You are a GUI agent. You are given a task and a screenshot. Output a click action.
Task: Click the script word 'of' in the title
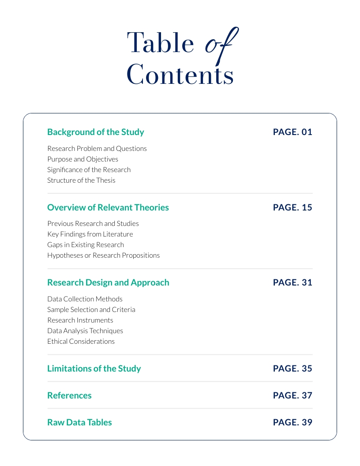221,44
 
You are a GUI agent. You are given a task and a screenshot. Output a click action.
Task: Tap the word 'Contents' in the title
180,74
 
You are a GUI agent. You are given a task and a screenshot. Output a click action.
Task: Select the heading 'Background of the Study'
96,132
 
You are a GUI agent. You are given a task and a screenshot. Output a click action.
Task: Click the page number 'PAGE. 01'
292,132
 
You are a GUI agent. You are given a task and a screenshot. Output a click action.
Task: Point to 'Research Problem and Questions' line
97,149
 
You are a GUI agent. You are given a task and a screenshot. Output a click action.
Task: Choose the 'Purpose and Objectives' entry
82,159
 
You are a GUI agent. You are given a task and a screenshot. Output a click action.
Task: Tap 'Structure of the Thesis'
81,180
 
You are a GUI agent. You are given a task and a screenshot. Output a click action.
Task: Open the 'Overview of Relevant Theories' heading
108,207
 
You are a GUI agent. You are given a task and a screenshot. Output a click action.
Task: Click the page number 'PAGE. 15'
292,207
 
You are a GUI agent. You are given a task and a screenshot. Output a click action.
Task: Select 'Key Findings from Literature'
90,234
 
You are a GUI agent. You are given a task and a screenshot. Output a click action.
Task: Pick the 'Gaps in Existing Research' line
86,245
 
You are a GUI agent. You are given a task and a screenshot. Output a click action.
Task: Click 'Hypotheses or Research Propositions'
104,256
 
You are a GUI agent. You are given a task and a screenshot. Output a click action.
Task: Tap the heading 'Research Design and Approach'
108,282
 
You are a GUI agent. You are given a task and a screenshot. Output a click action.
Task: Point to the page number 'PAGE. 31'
292,282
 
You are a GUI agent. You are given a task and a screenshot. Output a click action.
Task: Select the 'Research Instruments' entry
80,320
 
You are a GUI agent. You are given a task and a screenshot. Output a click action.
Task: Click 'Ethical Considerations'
81,342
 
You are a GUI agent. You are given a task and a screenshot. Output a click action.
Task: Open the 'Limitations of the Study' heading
94,368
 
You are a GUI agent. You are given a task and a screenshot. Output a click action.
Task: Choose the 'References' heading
69,395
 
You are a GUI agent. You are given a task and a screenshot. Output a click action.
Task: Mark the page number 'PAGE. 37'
292,395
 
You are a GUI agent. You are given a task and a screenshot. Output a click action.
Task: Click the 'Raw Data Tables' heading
79,422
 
